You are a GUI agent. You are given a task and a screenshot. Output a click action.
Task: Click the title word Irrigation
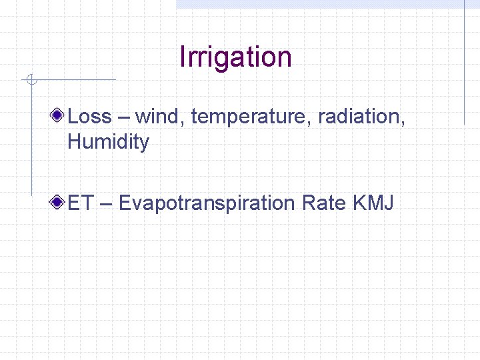(x=235, y=57)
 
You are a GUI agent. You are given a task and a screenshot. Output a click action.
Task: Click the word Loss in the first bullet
(x=89, y=117)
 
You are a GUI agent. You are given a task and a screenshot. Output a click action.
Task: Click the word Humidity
(x=108, y=142)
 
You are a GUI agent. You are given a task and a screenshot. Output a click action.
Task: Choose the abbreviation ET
(x=80, y=202)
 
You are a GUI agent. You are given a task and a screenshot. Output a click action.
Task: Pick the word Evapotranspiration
(x=207, y=203)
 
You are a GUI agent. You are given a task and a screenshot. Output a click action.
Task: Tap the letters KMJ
(x=374, y=202)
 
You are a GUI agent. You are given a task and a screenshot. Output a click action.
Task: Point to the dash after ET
(x=105, y=203)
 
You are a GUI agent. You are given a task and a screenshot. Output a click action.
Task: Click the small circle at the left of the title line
(x=31, y=81)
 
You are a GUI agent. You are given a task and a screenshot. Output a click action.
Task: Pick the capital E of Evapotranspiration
(x=125, y=202)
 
